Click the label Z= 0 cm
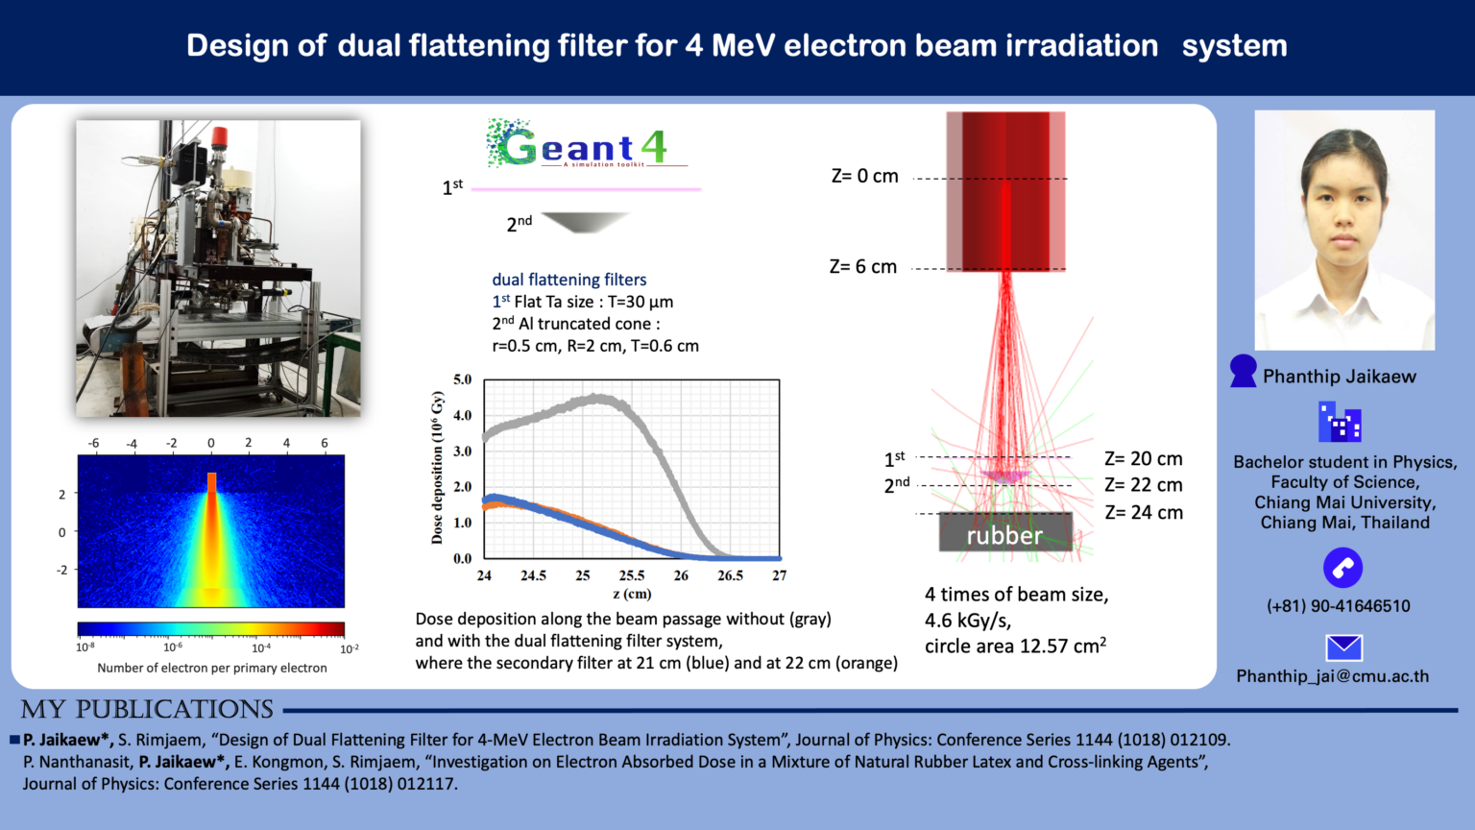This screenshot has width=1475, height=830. pyautogui.click(x=864, y=177)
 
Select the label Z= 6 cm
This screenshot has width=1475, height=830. pyautogui.click(x=862, y=267)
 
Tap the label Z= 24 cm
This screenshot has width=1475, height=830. pyautogui.click(x=1143, y=513)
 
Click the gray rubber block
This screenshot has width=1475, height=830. pyautogui.click(x=1004, y=533)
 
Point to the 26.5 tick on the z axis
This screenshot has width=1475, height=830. pyautogui.click(x=730, y=575)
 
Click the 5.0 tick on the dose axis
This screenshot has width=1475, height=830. pyautogui.click(x=462, y=379)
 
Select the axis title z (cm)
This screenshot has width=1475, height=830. pyautogui.click(x=631, y=594)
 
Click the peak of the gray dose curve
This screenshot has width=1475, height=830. pyautogui.click(x=599, y=398)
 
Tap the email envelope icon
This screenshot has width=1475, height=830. pyautogui.click(x=1343, y=647)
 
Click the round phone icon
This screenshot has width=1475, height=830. pyautogui.click(x=1342, y=568)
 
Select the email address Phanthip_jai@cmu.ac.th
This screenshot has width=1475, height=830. pyautogui.click(x=1332, y=676)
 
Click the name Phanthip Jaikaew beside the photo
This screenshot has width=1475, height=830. pyautogui.click(x=1339, y=377)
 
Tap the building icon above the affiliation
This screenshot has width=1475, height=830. pyautogui.click(x=1340, y=423)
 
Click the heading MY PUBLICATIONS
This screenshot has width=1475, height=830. pyautogui.click(x=147, y=710)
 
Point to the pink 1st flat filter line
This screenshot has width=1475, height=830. pyautogui.click(x=586, y=189)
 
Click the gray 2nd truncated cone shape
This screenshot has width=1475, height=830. pyautogui.click(x=584, y=222)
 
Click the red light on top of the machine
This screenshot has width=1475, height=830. pyautogui.click(x=220, y=136)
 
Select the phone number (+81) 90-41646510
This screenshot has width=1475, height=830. pyautogui.click(x=1338, y=606)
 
